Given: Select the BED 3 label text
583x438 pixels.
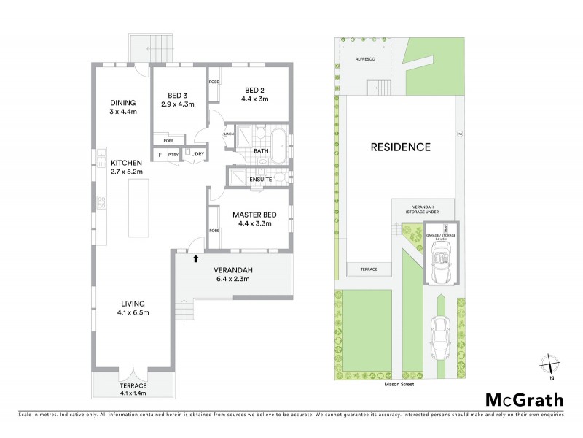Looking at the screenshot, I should (177, 96).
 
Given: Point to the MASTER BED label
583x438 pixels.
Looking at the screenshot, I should (251, 215).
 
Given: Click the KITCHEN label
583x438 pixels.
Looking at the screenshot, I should (126, 162).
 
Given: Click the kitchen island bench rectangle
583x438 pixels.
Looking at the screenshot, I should (137, 207).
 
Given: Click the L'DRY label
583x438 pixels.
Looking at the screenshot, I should (197, 154).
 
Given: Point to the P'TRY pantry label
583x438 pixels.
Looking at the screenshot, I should (173, 154).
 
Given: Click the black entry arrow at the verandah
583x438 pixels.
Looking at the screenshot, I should (195, 257).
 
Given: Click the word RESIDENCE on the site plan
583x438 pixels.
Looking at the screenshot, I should (400, 147).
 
